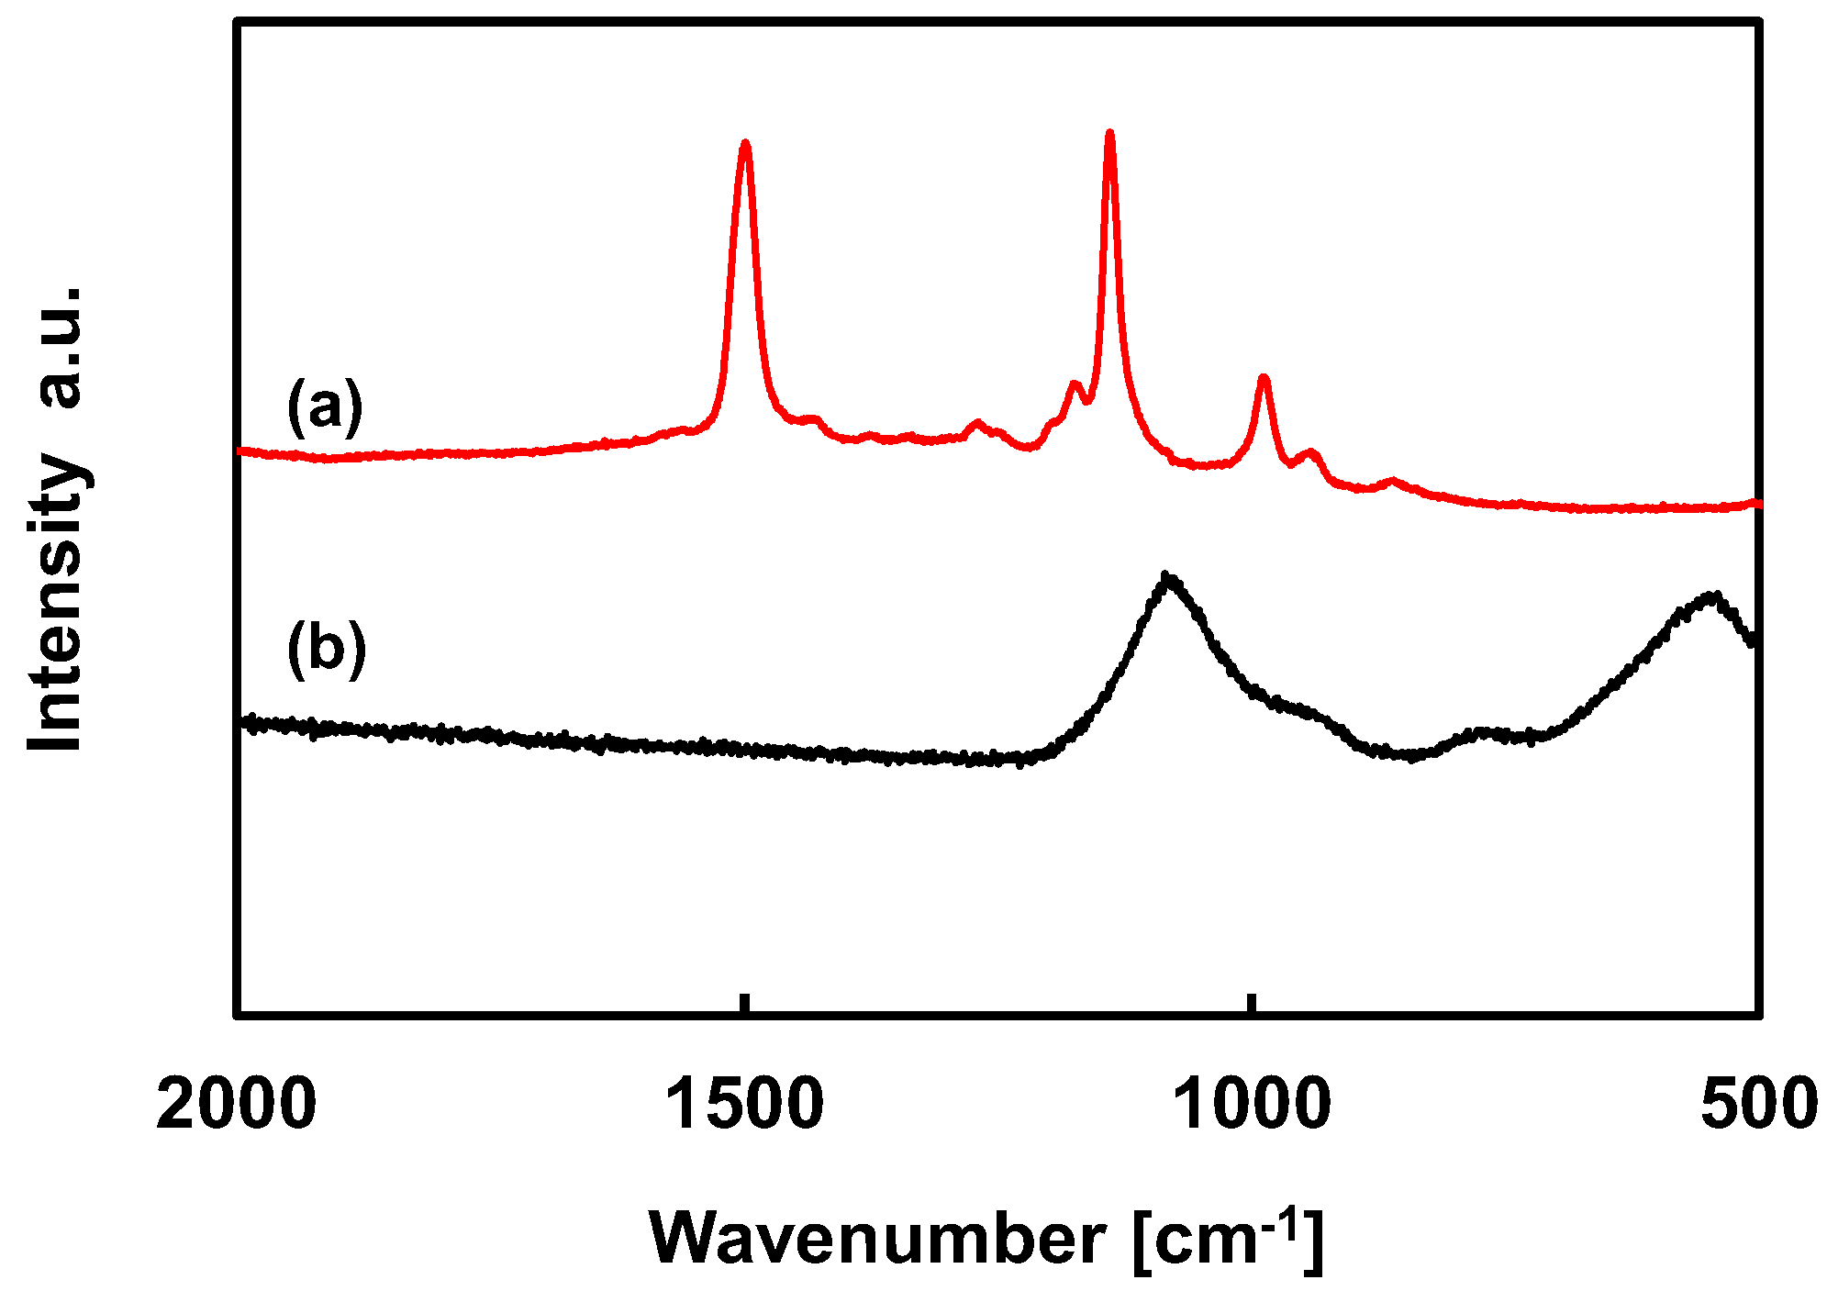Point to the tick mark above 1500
pyautogui.click(x=745, y=1004)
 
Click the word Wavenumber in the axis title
pyautogui.click(x=877, y=1240)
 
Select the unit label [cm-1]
pyautogui.click(x=1228, y=1240)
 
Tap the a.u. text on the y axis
pyautogui.click(x=57, y=349)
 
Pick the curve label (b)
pyautogui.click(x=326, y=650)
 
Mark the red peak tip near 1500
pyautogui.click(x=745, y=143)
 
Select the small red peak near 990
pyautogui.click(x=1264, y=377)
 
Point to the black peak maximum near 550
pyautogui.click(x=1710, y=595)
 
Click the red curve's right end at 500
pyautogui.click(x=1756, y=503)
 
